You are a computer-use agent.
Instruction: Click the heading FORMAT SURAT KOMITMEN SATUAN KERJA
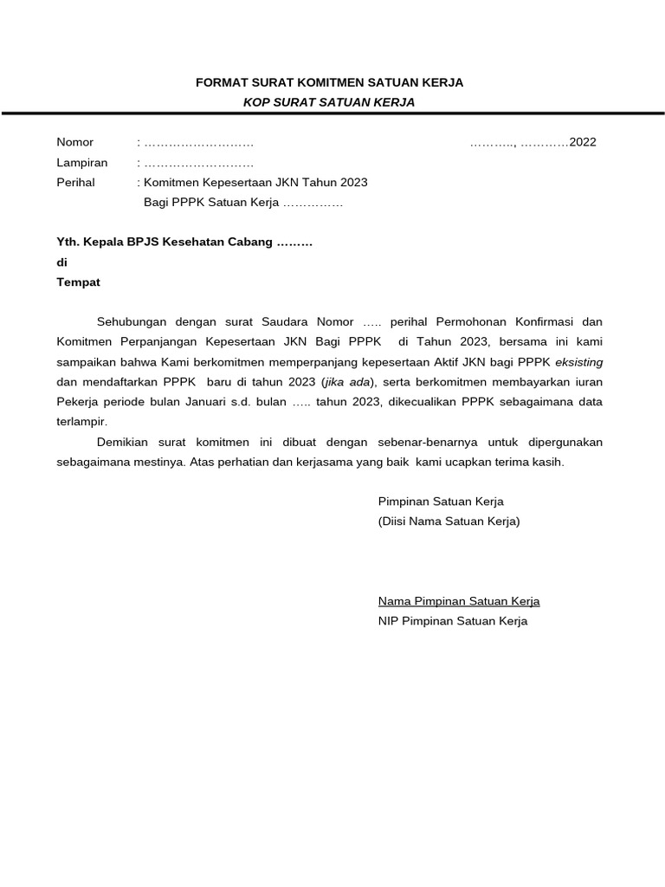[329, 82]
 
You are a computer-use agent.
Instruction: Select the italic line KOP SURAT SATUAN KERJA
[329, 102]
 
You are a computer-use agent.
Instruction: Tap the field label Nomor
[74, 142]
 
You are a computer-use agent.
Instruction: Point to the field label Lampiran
[81, 162]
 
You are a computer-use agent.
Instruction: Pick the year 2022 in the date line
[582, 142]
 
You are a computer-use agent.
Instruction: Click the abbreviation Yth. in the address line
[67, 242]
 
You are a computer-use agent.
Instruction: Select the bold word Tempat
[78, 282]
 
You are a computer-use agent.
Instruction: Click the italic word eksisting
[578, 361]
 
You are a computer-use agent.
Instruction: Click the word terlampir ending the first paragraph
[81, 422]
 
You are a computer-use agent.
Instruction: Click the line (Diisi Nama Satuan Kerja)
[449, 521]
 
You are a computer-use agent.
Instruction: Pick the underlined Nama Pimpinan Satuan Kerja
[458, 601]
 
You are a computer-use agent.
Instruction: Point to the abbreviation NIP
[388, 621]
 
